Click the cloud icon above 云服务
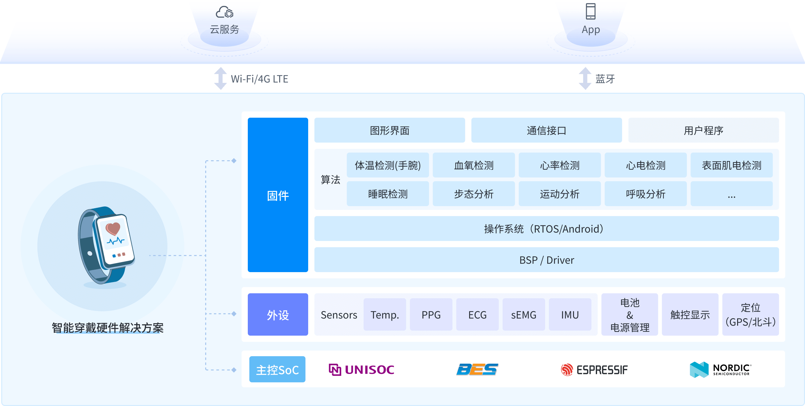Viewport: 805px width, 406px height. [x=224, y=12]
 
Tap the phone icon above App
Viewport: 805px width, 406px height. [x=590, y=11]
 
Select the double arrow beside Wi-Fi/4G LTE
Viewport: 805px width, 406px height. [x=220, y=78]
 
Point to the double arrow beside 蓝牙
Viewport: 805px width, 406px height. [x=585, y=78]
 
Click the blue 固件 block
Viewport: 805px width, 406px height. [x=278, y=195]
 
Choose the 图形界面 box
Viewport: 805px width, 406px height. [x=389, y=130]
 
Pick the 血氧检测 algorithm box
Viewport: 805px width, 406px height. [x=473, y=165]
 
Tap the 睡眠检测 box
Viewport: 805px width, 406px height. [x=388, y=194]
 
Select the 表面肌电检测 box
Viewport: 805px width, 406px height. [x=731, y=165]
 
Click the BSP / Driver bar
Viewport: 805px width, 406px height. [x=546, y=260]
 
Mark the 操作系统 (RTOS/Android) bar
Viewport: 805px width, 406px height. [x=546, y=229]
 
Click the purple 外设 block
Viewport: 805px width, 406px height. [x=278, y=314]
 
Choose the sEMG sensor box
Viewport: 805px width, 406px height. [x=524, y=314]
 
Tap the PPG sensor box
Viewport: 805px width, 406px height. [x=431, y=314]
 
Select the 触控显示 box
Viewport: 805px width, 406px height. [x=690, y=314]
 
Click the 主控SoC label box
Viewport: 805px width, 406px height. [x=277, y=370]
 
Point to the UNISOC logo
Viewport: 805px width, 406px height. [x=361, y=370]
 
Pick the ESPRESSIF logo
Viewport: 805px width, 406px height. [x=594, y=370]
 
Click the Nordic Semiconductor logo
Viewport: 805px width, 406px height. [x=720, y=370]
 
